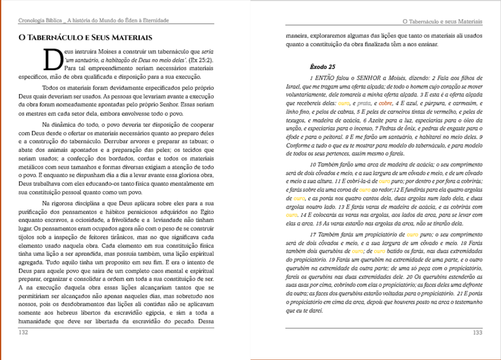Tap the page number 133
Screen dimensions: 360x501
(x=478, y=332)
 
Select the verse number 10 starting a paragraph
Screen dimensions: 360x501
(x=313, y=164)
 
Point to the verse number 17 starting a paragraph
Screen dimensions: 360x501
(x=313, y=234)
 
